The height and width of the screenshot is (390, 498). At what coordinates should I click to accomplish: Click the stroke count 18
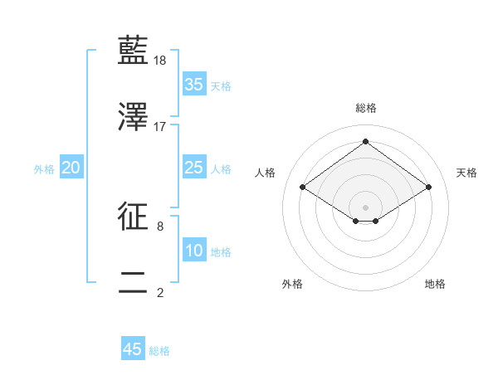[161, 61]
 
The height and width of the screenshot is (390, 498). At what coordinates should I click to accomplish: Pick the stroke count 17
[161, 126]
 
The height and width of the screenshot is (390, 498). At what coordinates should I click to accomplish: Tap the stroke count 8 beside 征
[159, 226]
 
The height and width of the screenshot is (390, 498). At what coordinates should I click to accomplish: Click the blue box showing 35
[194, 85]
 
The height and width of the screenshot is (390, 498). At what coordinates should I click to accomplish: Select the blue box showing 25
[194, 168]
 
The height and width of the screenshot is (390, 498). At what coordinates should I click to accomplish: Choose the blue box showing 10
[194, 251]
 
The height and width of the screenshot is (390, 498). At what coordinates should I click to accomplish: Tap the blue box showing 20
[71, 168]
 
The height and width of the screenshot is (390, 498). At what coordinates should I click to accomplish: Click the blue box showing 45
[133, 349]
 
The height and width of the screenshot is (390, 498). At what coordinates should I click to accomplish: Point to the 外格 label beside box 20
[44, 169]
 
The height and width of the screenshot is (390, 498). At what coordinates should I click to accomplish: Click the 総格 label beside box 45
[160, 351]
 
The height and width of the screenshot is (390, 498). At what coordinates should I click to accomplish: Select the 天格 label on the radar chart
[466, 173]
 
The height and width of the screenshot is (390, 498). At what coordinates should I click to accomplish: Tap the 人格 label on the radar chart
[266, 173]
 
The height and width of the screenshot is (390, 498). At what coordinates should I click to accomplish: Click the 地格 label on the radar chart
[435, 284]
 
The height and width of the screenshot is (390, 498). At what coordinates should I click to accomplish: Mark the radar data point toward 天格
[428, 188]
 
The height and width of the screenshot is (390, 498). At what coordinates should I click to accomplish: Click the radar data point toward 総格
[365, 142]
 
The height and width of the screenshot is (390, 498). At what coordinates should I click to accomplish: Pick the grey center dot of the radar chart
[365, 207]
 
